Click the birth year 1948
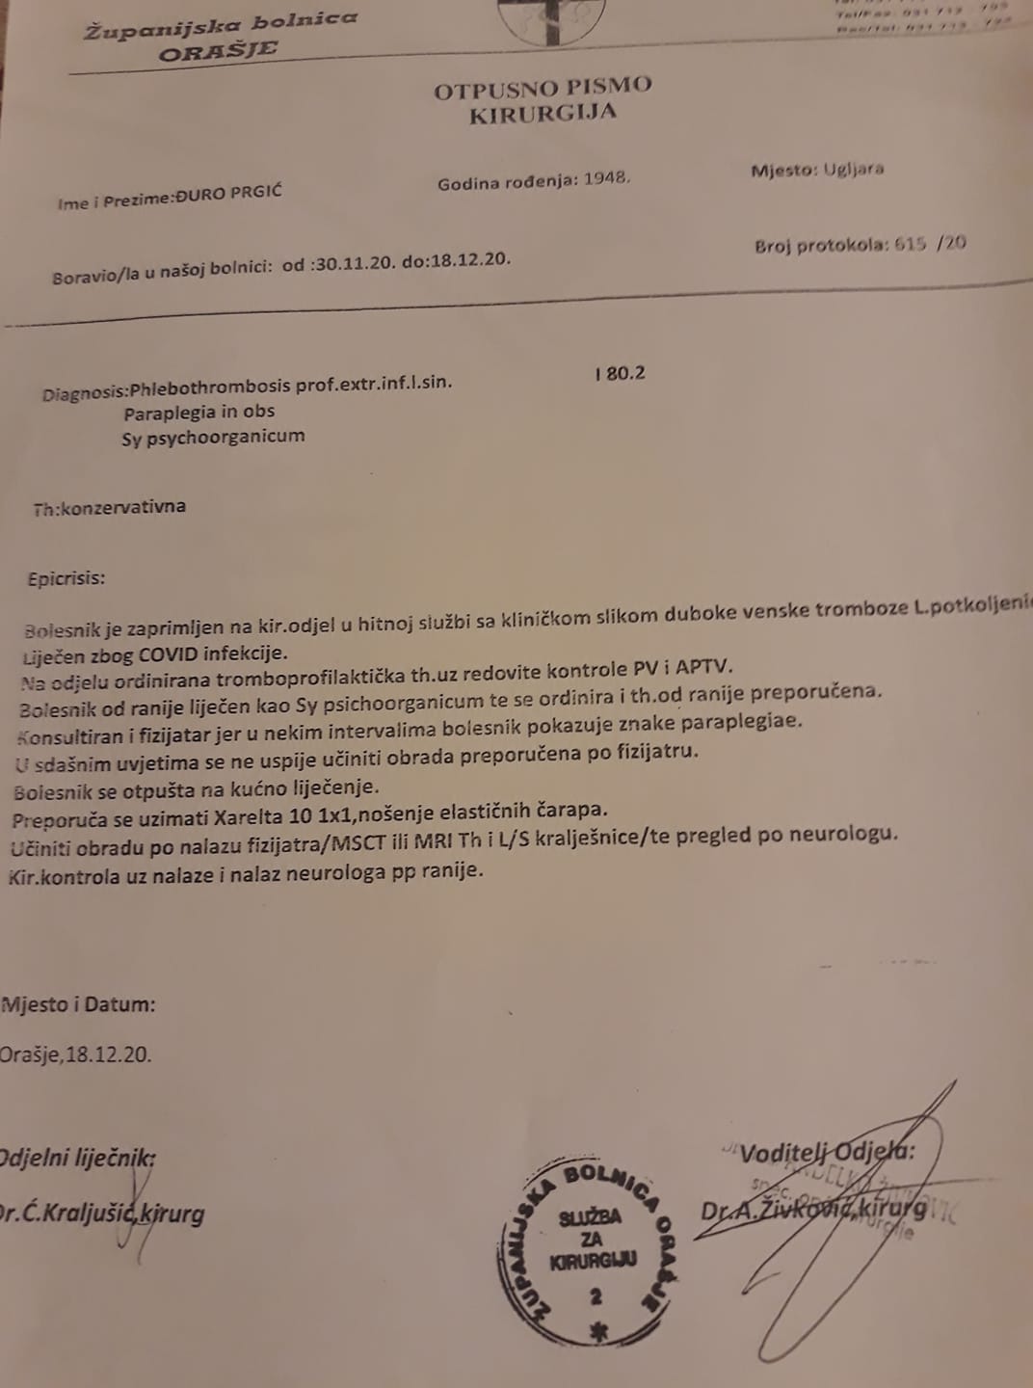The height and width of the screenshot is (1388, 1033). click(x=607, y=180)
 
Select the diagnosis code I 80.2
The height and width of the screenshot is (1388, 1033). click(x=620, y=373)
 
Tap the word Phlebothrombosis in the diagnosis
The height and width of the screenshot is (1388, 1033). click(x=209, y=386)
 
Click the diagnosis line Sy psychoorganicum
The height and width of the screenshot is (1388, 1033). click(x=213, y=436)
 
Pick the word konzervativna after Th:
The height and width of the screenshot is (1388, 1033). click(x=123, y=507)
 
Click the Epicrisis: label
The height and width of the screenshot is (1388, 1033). click(x=66, y=579)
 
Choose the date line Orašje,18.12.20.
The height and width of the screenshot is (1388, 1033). click(x=76, y=1054)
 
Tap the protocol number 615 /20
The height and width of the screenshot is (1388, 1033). click(x=929, y=244)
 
